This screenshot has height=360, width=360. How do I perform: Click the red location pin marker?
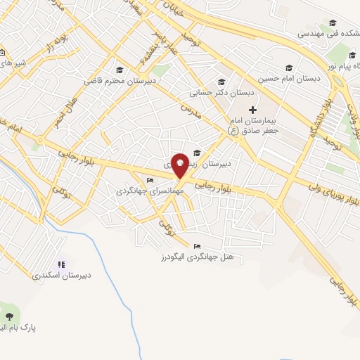pos(180,165)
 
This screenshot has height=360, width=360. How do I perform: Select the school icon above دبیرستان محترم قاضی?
pos(120,70)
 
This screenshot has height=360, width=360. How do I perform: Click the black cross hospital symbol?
pos(253,110)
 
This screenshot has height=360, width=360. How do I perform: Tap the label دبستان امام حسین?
pos(289,79)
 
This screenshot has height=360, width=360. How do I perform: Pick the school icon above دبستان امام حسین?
pos(289,67)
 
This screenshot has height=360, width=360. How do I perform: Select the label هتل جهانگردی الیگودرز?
pos(201,258)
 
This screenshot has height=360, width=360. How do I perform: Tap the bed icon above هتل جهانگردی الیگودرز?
pos(196,247)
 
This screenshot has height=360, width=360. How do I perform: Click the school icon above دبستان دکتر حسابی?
pos(223,82)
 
